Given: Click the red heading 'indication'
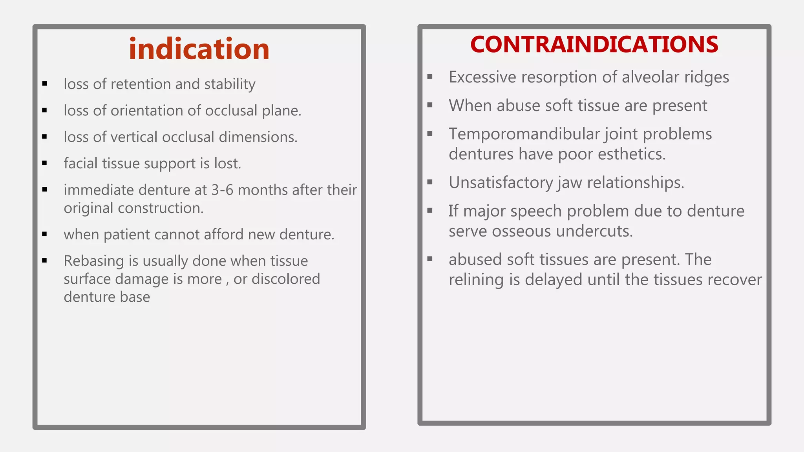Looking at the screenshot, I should pos(199,49).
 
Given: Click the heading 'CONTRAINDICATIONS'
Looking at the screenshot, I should pos(594,44).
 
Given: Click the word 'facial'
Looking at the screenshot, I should pos(80,163).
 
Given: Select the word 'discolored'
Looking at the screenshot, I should pos(286,279).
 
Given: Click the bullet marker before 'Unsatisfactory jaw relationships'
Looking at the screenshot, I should pos(430,182).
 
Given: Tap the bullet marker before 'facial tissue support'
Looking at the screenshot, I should pos(45,163).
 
